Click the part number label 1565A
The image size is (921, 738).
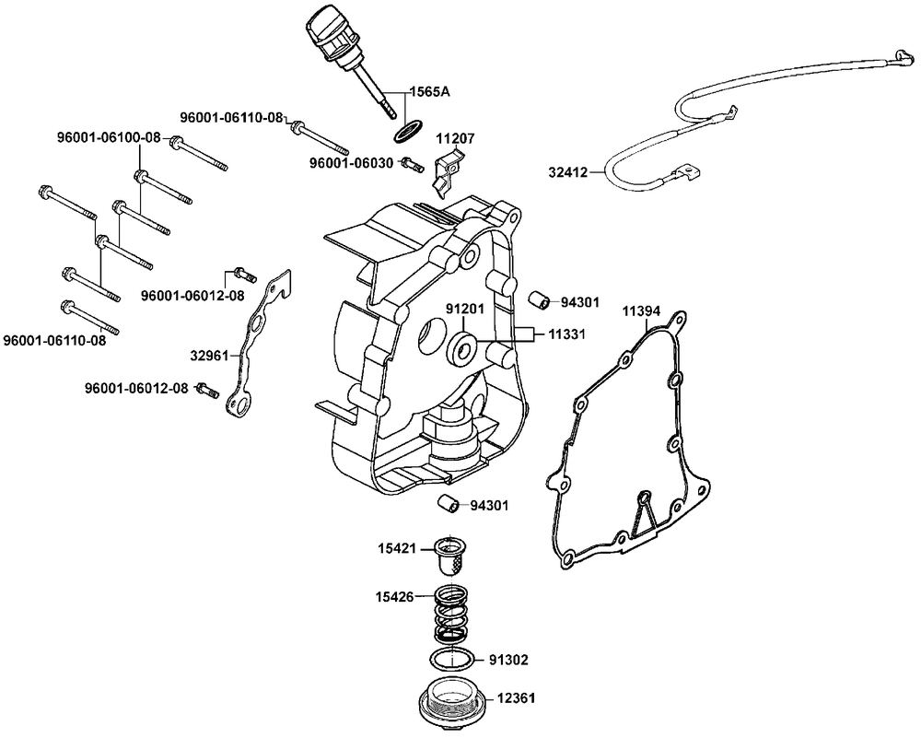click(x=428, y=92)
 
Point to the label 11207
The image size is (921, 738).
click(x=455, y=138)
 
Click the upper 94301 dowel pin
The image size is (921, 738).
click(x=539, y=300)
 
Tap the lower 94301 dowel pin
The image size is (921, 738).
click(x=448, y=505)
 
